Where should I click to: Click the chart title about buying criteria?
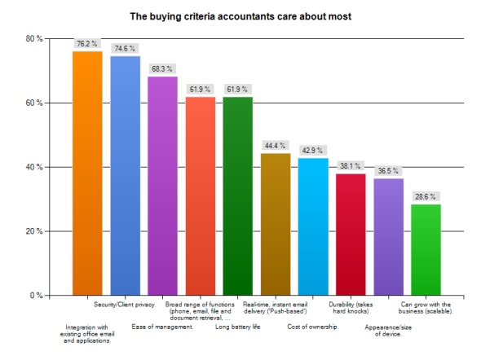point(240,15)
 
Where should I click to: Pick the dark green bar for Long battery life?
point(237,195)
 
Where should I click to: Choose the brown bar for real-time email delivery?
point(275,224)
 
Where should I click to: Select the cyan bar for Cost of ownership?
point(313,226)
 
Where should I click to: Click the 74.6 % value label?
point(125,48)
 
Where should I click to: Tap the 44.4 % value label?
point(275,146)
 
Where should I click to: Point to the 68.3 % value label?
point(162,68)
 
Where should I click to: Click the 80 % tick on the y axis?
point(33,39)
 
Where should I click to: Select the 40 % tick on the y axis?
point(33,167)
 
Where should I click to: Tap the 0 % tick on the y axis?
point(36,295)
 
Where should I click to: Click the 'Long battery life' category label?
point(237,327)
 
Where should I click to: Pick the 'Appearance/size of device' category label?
point(388,330)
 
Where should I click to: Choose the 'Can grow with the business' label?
point(426,308)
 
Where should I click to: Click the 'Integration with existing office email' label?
point(87,334)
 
